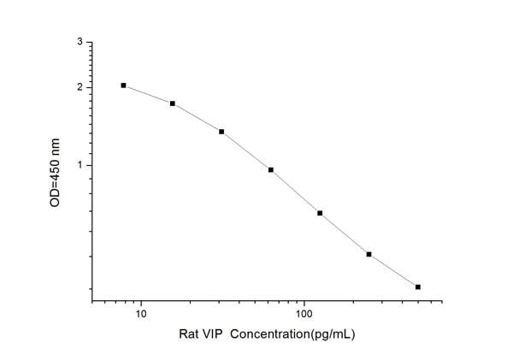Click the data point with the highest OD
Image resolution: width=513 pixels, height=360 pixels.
124,86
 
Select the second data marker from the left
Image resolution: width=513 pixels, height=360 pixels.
173,103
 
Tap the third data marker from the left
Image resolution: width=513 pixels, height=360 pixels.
221,132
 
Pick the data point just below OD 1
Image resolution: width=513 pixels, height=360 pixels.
271,169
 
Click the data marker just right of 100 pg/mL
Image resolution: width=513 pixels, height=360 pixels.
320,213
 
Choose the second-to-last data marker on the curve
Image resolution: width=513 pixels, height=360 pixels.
369,254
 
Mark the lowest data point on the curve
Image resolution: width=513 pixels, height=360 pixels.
418,286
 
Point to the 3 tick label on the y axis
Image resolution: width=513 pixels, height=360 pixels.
80,41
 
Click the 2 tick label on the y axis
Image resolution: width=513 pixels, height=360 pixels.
80,87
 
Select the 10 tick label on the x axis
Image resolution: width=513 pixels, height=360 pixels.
141,315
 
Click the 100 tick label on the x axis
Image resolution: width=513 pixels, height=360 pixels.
304,315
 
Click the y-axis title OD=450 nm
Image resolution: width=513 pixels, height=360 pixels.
56,171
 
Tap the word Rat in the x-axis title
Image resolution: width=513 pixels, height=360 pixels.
190,334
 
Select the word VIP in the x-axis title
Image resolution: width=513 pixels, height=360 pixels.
218,334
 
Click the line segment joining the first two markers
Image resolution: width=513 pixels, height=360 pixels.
149,94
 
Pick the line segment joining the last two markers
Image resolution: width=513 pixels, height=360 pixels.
393,271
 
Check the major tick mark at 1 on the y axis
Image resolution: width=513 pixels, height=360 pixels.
90,165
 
